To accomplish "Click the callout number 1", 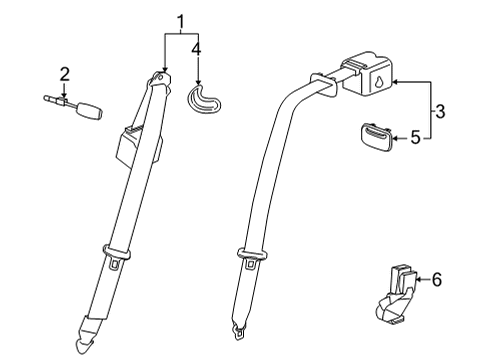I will coord(181,21).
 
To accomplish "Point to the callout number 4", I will coord(198,47).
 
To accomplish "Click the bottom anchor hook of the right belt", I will coord(239,328).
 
